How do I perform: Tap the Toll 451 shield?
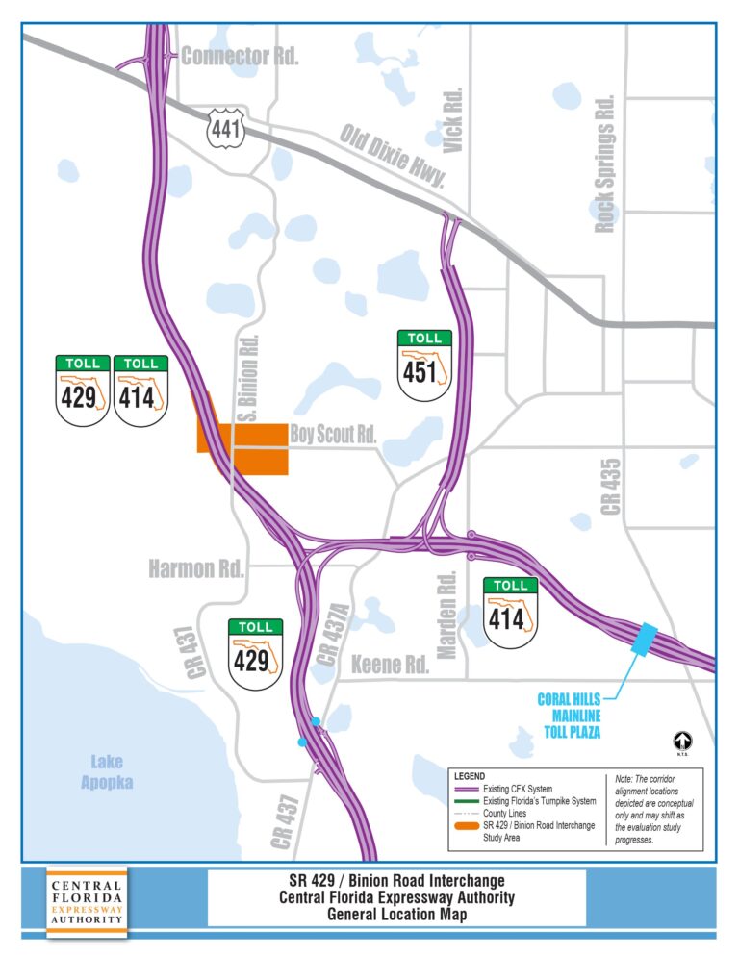coord(424,365)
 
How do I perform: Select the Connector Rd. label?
coord(240,56)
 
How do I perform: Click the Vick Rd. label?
coord(454,119)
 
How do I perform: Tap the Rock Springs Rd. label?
coord(604,164)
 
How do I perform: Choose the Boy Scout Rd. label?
coord(332,435)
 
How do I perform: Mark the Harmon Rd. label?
coord(195,569)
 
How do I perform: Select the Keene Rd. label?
coord(390,665)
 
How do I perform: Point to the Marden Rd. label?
coord(446,616)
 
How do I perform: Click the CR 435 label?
coord(611,485)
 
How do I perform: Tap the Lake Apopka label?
coord(107,772)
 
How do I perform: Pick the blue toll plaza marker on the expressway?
coord(643,639)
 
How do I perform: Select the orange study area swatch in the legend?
coord(470,826)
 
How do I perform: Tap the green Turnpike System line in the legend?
coord(470,800)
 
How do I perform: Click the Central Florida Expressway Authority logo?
coord(87,901)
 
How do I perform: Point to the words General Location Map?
coord(395,915)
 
